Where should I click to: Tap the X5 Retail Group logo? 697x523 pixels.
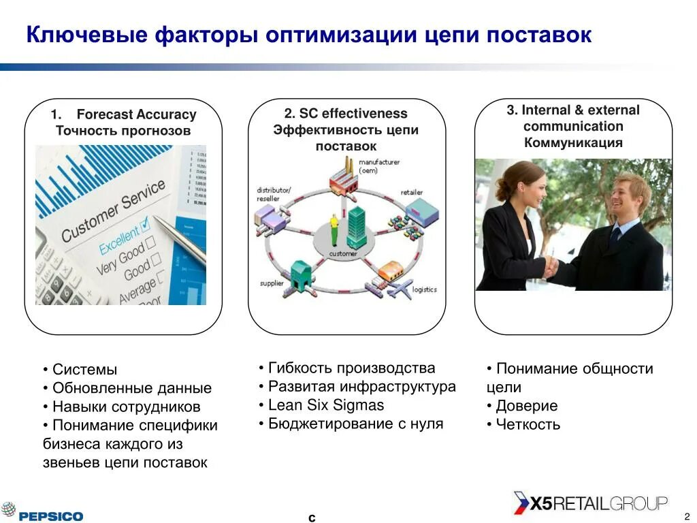[590, 504]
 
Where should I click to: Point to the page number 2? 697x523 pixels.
[687, 516]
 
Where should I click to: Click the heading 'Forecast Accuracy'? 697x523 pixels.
[136, 114]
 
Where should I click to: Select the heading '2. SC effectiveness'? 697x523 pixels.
[346, 114]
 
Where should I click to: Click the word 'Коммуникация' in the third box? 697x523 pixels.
[573, 142]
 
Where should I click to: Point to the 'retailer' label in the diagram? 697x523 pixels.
[412, 192]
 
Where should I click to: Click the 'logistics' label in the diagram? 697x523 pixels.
[424, 289]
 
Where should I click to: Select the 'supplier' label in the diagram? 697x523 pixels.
[272, 283]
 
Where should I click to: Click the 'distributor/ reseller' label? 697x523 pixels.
[273, 193]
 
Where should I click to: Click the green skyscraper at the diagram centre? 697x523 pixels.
[356, 227]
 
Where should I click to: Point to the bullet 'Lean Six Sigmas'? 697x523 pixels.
[325, 405]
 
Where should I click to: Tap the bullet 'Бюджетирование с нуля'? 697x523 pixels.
[355, 424]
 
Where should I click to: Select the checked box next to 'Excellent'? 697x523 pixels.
[145, 226]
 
